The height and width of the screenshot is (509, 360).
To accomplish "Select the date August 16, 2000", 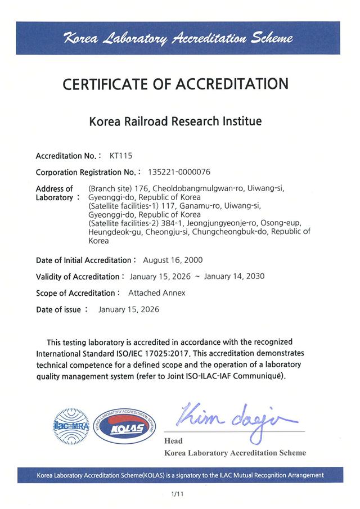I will pos(173,260).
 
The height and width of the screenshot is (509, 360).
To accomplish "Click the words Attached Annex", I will pos(156,293).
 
